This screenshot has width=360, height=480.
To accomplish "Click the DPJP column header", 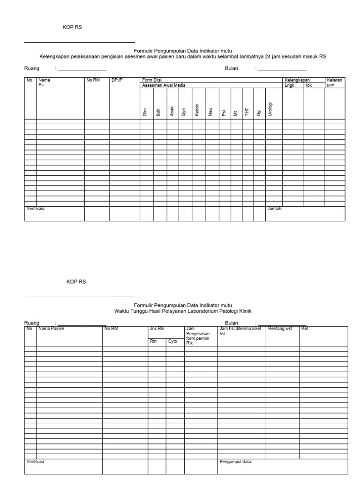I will (117, 80).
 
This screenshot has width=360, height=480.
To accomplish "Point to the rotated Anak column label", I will (172, 112).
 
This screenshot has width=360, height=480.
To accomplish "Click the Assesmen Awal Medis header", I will (157, 85).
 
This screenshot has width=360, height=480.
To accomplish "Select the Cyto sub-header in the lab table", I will (172, 342).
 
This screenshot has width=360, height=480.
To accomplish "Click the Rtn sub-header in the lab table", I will (153, 342).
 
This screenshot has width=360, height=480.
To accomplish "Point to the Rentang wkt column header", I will (280, 329).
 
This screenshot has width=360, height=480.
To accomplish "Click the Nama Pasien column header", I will (51, 329).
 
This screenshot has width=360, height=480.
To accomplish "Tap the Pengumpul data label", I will (236, 462).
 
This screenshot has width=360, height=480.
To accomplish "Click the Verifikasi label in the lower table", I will (36, 462).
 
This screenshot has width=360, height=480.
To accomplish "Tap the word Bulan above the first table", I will (232, 68).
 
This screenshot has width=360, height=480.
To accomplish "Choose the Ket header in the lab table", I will (305, 329).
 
